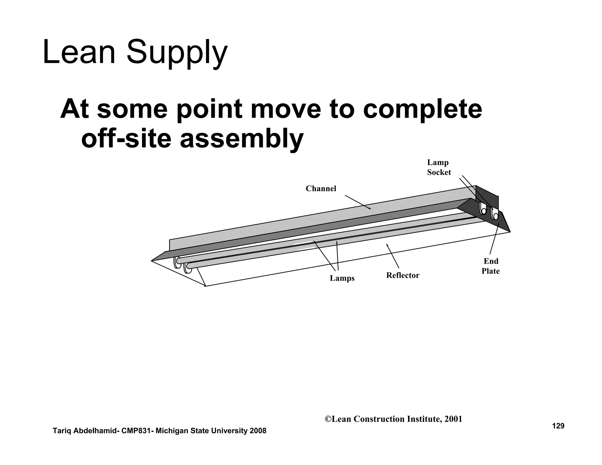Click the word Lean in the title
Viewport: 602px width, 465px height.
pyautogui.click(x=79, y=53)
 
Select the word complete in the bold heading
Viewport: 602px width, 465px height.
pyautogui.click(x=422, y=109)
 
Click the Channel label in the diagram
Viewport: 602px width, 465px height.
pyautogui.click(x=321, y=189)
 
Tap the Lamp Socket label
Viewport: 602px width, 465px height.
pyautogui.click(x=439, y=167)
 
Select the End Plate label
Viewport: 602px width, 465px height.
pyautogui.click(x=491, y=266)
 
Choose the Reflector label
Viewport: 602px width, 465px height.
pyautogui.click(x=402, y=275)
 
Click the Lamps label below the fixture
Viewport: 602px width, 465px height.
pyautogui.click(x=342, y=278)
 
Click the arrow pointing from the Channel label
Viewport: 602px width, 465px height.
pyautogui.click(x=358, y=202)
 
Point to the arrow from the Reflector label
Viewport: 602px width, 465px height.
pyautogui.click(x=393, y=256)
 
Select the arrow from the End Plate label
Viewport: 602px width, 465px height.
pyautogui.click(x=494, y=238)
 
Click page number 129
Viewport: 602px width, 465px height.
pyautogui.click(x=558, y=426)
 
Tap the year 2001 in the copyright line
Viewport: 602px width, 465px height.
pyautogui.click(x=453, y=419)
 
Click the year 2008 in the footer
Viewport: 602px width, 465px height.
pyautogui.click(x=258, y=431)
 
